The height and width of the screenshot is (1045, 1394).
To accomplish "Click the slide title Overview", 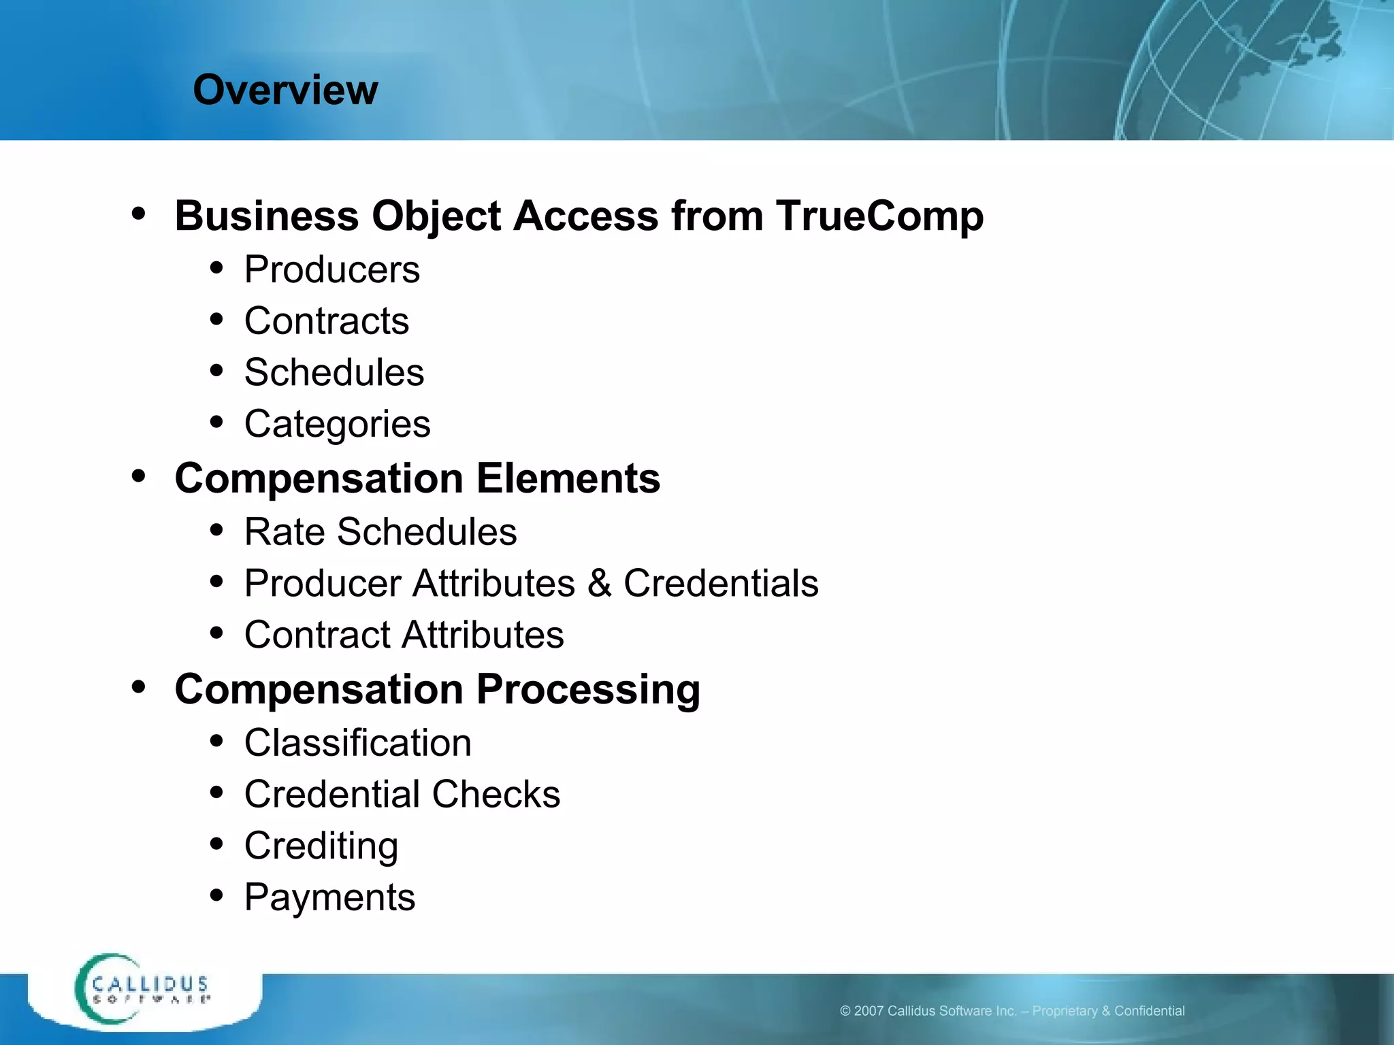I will tap(285, 90).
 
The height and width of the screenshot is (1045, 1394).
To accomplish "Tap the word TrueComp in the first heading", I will tap(879, 216).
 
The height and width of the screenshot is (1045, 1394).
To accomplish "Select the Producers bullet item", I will tap(332, 269).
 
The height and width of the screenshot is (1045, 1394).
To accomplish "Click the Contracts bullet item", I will tap(327, 321).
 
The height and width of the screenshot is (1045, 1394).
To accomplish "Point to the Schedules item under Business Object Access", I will tap(334, 373).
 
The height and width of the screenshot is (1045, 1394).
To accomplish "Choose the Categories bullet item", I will tap(338, 425).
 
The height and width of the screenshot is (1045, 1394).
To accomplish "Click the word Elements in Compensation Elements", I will tap(568, 478).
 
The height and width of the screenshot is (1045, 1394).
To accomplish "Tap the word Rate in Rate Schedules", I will tap(285, 532).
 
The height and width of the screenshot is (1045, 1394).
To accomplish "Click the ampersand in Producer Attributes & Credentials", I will tap(599, 584).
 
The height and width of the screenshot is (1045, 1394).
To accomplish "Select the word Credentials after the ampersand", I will tap(721, 584).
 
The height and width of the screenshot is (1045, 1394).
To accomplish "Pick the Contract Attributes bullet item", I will tap(404, 635).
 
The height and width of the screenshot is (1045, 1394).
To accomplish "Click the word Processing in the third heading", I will tap(588, 690).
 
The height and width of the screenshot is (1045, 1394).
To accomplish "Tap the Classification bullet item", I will tap(358, 743).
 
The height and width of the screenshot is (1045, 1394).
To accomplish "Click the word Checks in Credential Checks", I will tap(496, 795).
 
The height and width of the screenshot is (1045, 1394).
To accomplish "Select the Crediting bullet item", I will tap(321, 846).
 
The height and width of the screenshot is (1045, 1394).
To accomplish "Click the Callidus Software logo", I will tap(143, 990).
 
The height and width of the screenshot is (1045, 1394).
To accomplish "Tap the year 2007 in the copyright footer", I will tap(869, 1011).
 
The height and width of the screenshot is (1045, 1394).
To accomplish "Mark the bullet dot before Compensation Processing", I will tap(139, 687).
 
